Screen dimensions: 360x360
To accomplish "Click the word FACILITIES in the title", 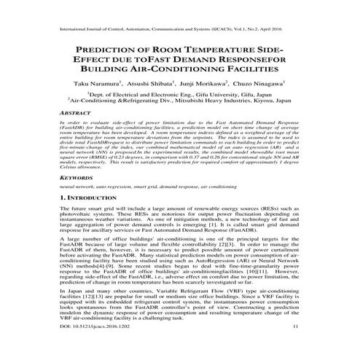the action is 240,69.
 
